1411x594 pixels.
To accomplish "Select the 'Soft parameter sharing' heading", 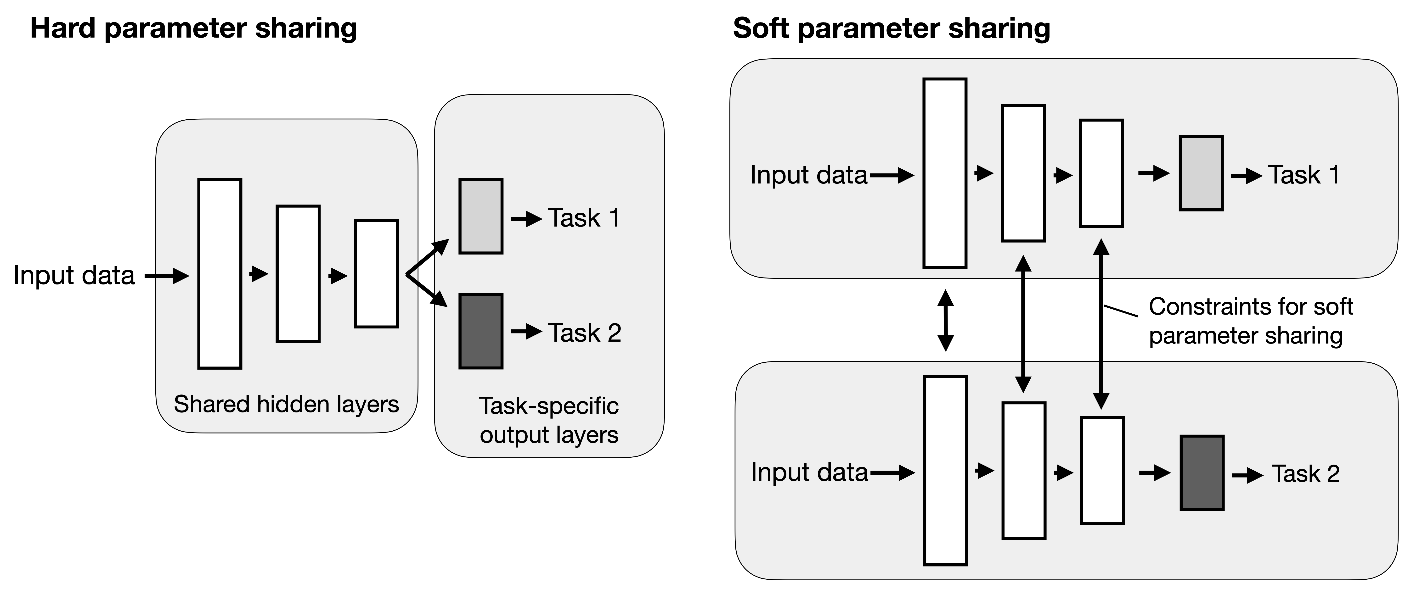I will [x=891, y=28].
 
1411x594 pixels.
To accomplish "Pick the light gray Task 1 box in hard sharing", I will [x=480, y=216].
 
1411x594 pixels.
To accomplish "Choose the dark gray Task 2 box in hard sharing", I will [x=480, y=331].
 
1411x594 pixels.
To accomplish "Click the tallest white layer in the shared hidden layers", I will [x=220, y=274].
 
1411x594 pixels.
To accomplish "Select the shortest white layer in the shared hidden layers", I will [x=376, y=274].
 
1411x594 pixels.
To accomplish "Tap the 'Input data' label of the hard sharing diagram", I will [x=74, y=275].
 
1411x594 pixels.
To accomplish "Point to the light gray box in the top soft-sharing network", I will [x=1201, y=173].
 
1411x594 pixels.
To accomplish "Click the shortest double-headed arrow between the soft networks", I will [x=945, y=320].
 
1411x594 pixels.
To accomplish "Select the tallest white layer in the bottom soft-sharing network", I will [x=945, y=470].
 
